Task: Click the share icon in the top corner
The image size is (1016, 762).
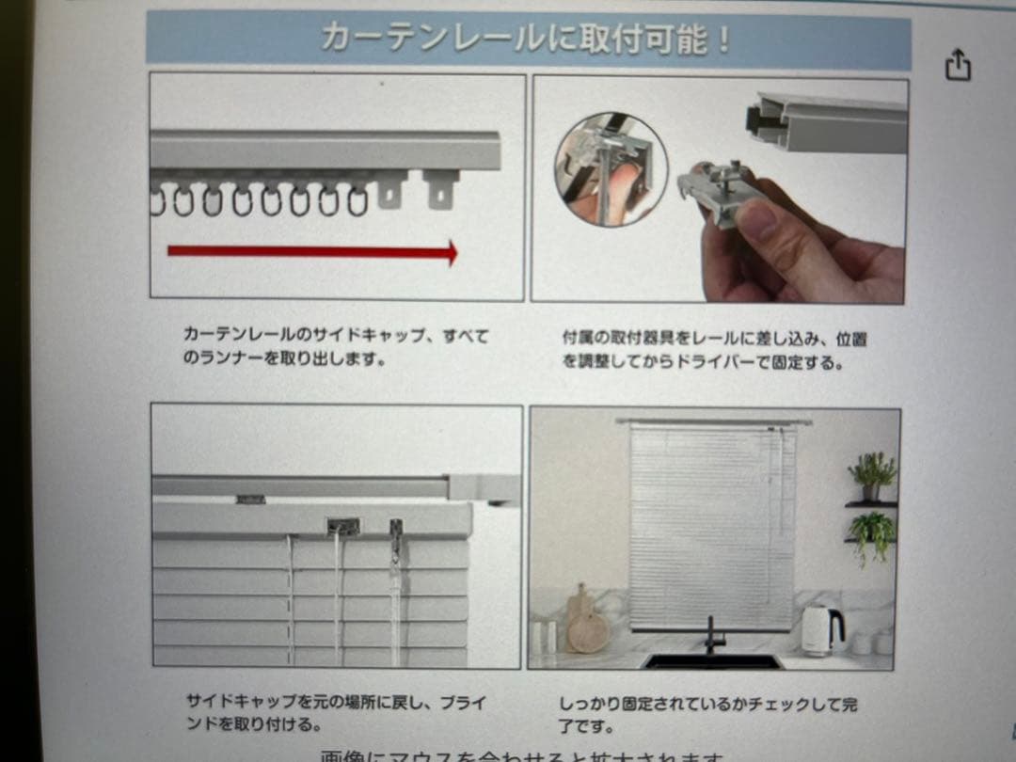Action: click(x=957, y=66)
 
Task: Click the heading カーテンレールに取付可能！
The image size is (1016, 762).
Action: click(x=526, y=40)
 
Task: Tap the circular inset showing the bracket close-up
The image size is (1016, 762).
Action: click(x=611, y=169)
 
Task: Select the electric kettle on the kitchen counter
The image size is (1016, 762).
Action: click(x=820, y=629)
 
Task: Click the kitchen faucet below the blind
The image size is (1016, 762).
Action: click(x=712, y=635)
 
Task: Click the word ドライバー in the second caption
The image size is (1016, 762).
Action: click(x=716, y=362)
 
